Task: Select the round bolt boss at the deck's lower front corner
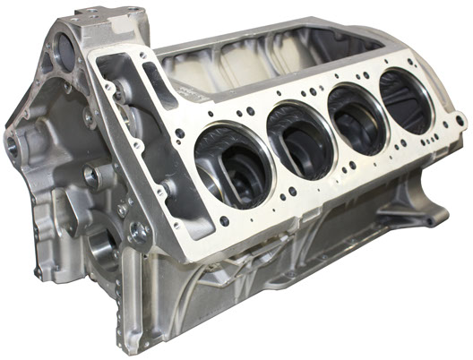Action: pos(138,231)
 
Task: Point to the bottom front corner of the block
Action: pos(134,345)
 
